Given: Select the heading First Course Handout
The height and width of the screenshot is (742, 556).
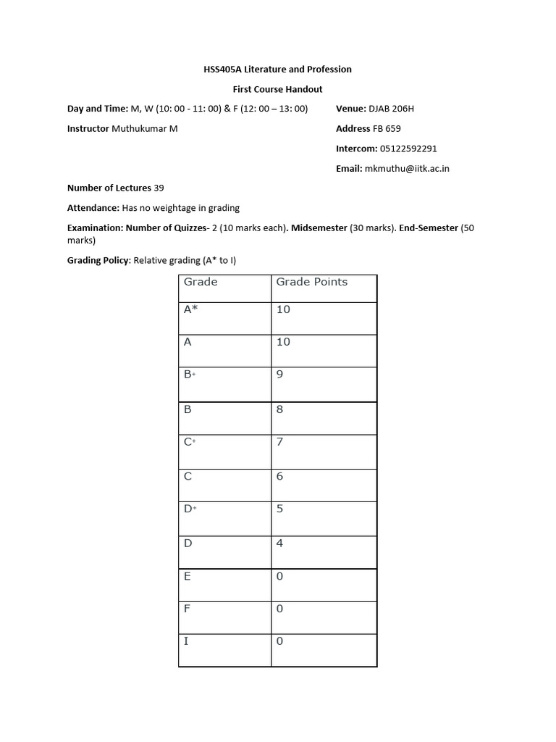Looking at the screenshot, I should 277,89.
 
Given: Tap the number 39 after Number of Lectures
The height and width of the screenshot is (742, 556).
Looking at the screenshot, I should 159,188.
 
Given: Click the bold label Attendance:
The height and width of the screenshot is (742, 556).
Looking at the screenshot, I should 93,208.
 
